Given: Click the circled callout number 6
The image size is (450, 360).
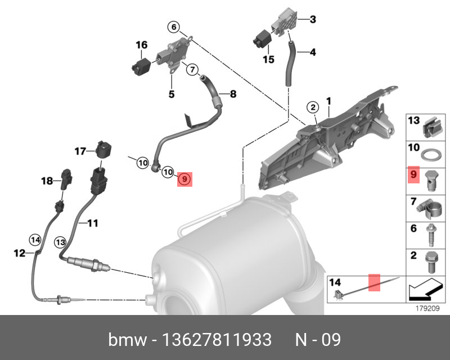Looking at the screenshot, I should coord(174,27).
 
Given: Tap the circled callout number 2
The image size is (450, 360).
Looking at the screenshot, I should coord(313,107).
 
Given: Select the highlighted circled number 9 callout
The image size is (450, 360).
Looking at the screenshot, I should coord(185,179).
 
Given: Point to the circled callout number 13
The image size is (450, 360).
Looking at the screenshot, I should coord(60,241).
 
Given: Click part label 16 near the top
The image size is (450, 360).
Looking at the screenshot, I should coord(141,44).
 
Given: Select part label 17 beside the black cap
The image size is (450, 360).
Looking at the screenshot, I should coord(81,151).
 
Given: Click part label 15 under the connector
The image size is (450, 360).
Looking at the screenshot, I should coord(268,58).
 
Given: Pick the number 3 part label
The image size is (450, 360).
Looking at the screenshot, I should coord(313,20).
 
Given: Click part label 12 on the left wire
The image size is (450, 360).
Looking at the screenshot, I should coord(20,254).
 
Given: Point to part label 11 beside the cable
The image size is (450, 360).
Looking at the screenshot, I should coord(92,223).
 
